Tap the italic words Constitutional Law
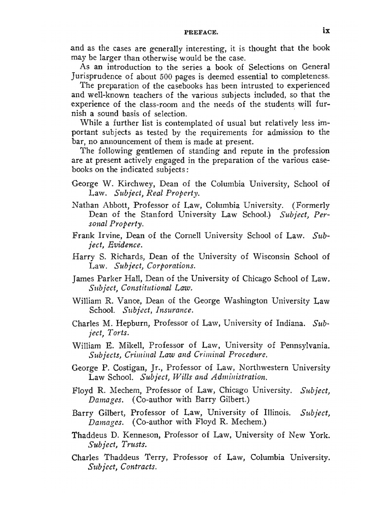coord(156,288)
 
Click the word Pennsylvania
coord(305,345)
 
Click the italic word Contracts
coord(139,467)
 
